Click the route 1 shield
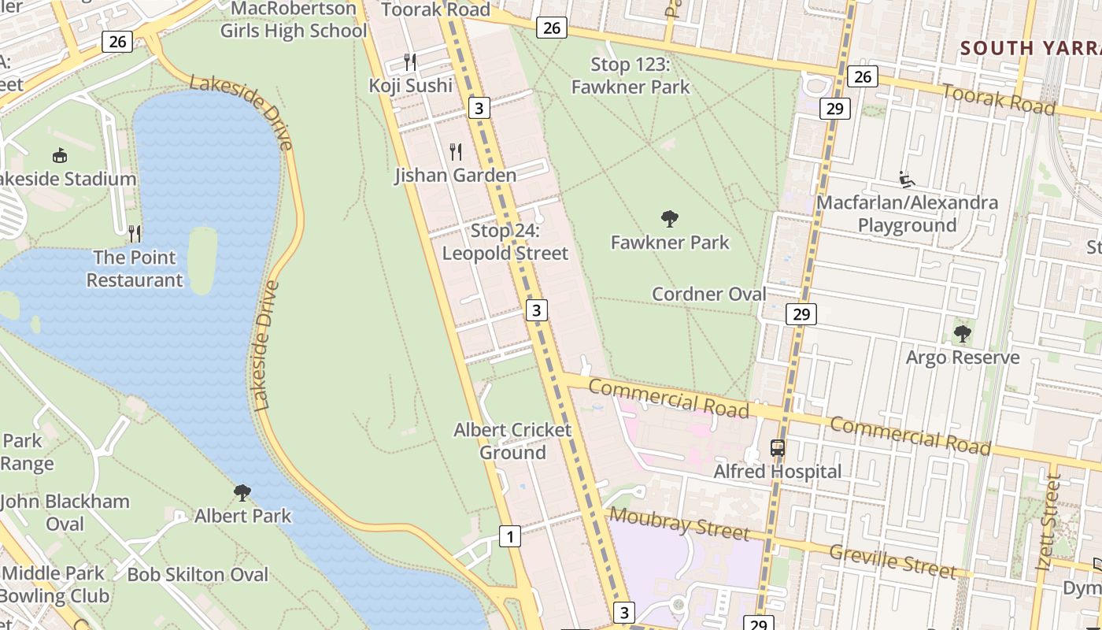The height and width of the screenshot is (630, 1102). coord(510,537)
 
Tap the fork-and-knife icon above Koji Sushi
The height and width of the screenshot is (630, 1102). coord(409,61)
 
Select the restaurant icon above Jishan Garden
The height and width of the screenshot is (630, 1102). coord(456,151)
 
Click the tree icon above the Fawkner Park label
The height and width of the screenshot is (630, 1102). coord(670,218)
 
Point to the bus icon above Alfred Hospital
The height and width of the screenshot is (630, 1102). coord(777,448)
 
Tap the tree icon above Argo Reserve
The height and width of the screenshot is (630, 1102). coord(962,334)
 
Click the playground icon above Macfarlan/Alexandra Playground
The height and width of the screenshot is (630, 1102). coord(907,180)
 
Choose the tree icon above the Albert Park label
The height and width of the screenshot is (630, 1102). coord(242,493)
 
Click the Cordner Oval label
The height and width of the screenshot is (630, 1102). coord(708,294)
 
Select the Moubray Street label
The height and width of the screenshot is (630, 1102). coord(679,524)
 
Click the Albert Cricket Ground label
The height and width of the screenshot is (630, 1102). coord(512,441)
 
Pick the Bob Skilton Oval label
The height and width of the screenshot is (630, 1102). coord(198,574)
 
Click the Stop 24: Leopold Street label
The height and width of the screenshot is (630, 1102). coord(505,242)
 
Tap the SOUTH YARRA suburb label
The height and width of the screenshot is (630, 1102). coord(1030,48)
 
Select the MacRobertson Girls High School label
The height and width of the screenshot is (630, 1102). coord(294,20)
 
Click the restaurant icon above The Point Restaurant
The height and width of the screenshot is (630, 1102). coord(135,233)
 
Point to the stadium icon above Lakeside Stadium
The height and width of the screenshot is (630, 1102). coord(60,155)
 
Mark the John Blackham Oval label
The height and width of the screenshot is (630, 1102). coord(65,512)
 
